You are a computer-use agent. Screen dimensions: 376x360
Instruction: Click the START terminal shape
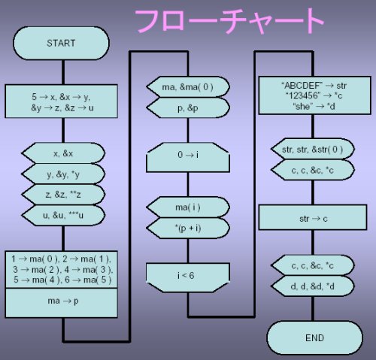pyautogui.click(x=61, y=43)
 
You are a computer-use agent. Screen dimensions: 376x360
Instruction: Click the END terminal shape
pyautogui.click(x=314, y=337)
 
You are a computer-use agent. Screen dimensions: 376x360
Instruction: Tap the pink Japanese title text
pyautogui.click(x=229, y=20)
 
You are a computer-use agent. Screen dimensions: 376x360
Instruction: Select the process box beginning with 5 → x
pyautogui.click(x=61, y=101)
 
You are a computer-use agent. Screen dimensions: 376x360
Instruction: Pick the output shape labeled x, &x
pyautogui.click(x=63, y=153)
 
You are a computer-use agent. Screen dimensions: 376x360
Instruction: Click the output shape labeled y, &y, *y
pyautogui.click(x=63, y=174)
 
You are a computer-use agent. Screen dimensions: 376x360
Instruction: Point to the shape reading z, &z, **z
pyautogui.click(x=63, y=195)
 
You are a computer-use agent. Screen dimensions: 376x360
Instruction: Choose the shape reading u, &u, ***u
pyautogui.click(x=63, y=216)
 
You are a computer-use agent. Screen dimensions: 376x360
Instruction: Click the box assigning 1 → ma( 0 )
pyautogui.click(x=61, y=269)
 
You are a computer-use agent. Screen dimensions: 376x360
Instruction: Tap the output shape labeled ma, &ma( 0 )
pyautogui.click(x=188, y=87)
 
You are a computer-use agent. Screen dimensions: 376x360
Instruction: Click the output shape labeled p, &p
pyautogui.click(x=188, y=107)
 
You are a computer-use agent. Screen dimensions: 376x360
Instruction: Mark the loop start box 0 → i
pyautogui.click(x=188, y=157)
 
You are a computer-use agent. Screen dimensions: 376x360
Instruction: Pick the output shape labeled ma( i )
pyautogui.click(x=188, y=207)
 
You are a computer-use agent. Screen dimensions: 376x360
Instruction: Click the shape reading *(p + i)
pyautogui.click(x=188, y=228)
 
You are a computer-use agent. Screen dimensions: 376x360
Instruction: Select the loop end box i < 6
pyautogui.click(x=188, y=277)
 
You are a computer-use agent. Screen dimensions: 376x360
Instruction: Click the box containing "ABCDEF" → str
pyautogui.click(x=314, y=95)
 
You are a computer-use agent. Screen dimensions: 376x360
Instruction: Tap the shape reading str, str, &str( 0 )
pyautogui.click(x=313, y=149)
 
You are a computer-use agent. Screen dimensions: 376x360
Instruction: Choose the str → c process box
pyautogui.click(x=313, y=217)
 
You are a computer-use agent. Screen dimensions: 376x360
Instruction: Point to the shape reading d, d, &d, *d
pyautogui.click(x=313, y=286)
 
